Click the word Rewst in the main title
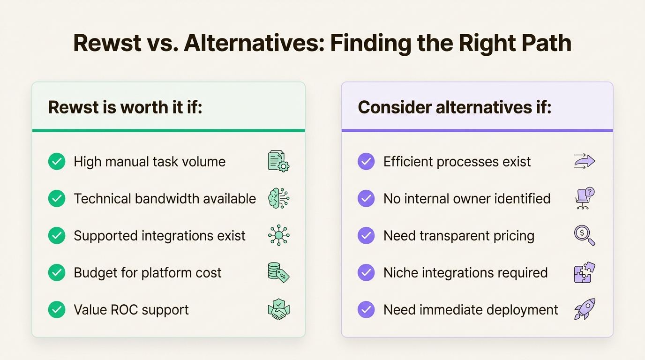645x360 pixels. click(x=107, y=43)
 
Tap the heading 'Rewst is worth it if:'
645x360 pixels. click(x=125, y=107)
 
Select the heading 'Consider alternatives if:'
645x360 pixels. click(x=454, y=107)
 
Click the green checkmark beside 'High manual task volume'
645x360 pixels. click(x=57, y=162)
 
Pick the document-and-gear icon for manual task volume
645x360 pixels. click(x=278, y=161)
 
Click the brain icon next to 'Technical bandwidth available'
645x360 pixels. click(x=278, y=198)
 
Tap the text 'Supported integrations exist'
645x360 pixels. click(x=159, y=235)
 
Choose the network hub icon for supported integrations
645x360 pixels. click(x=278, y=235)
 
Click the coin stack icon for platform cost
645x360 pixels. click(x=278, y=272)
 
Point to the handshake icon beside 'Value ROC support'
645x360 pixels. click(x=278, y=309)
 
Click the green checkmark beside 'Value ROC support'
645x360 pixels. click(x=57, y=309)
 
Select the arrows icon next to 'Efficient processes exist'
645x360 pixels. click(x=584, y=161)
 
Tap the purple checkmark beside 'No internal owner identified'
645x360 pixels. click(x=366, y=198)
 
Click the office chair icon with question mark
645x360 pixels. click(x=584, y=198)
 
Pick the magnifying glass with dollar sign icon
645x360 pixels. click(x=584, y=235)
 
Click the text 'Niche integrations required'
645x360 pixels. click(x=465, y=272)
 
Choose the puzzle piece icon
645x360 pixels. click(x=584, y=272)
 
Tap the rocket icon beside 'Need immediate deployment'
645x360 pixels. click(x=584, y=309)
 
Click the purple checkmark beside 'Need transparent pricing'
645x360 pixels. click(x=366, y=235)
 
